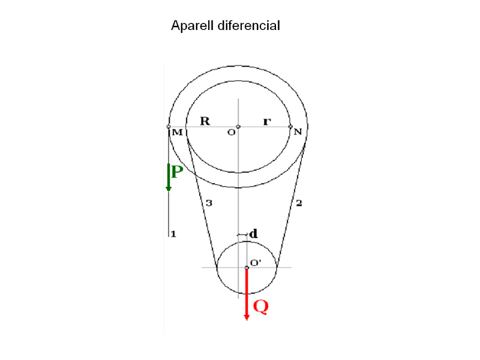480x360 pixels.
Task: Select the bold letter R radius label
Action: pos(205,121)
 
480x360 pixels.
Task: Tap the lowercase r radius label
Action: pos(267,122)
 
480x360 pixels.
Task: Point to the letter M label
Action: pos(178,132)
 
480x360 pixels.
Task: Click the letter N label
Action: pos(297,131)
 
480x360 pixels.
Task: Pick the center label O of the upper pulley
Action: pos(231,132)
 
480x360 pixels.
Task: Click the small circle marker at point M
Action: pos(169,127)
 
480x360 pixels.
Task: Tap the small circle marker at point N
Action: pos(290,127)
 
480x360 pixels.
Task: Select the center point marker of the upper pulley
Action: pos(238,127)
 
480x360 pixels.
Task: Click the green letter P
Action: pos(177,172)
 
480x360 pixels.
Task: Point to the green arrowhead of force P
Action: pos(169,188)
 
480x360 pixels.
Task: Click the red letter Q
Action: pos(260,307)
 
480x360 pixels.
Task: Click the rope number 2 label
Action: pos(299,203)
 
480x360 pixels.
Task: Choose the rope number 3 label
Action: pos(208,203)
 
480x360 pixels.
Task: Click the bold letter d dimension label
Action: pos(253,233)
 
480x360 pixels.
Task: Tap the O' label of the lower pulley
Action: pos(255,262)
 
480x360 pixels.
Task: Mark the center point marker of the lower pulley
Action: pos(247,268)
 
